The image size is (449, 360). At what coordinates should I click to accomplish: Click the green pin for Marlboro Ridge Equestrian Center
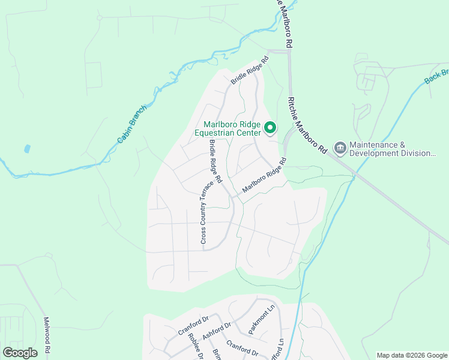(x=270, y=127)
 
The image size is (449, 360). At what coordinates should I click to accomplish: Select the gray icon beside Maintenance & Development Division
(x=340, y=148)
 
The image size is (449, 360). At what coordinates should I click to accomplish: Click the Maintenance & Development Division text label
(x=393, y=149)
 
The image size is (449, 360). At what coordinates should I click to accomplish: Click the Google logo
(x=20, y=353)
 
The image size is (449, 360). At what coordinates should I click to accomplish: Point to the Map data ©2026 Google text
(x=412, y=355)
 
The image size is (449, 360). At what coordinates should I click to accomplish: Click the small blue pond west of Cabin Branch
(x=26, y=148)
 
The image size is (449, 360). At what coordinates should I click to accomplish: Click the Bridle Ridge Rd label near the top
(x=250, y=70)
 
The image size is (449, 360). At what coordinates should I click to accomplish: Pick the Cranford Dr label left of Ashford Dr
(x=191, y=328)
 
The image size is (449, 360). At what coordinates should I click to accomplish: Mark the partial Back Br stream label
(x=437, y=74)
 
